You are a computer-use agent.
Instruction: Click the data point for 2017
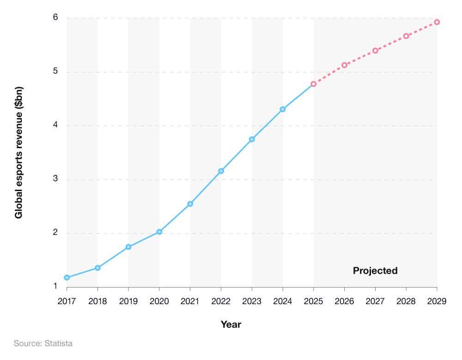pyautogui.click(x=67, y=277)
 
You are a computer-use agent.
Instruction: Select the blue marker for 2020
pyautogui.click(x=159, y=232)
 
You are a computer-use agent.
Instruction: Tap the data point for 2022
pyautogui.click(x=221, y=171)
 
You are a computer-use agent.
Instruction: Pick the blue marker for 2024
pyautogui.click(x=283, y=109)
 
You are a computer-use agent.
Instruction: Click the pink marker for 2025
pyautogui.click(x=313, y=84)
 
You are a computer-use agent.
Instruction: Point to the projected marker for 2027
pyautogui.click(x=375, y=50)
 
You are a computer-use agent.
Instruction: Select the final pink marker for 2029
pyautogui.click(x=437, y=22)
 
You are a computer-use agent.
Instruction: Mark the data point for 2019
pyautogui.click(x=128, y=247)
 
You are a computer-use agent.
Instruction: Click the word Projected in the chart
pyautogui.click(x=375, y=271)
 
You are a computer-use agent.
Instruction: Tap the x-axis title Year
pyautogui.click(x=231, y=324)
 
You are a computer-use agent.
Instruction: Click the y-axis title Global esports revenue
pyautogui.click(x=19, y=152)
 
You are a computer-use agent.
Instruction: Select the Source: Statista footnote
pyautogui.click(x=43, y=343)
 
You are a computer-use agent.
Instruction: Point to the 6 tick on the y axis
pyautogui.click(x=55, y=18)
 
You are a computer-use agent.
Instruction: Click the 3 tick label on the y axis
pyautogui.click(x=55, y=179)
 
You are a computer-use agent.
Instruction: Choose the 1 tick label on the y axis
pyautogui.click(x=55, y=286)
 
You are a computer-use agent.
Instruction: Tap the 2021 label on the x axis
pyautogui.click(x=190, y=301)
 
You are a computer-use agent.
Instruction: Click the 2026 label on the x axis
pyautogui.click(x=344, y=301)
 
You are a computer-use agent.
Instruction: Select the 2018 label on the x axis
pyautogui.click(x=97, y=301)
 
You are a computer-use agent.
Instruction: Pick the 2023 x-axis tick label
pyautogui.click(x=252, y=301)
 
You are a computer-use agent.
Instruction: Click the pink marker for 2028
pyautogui.click(x=406, y=36)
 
